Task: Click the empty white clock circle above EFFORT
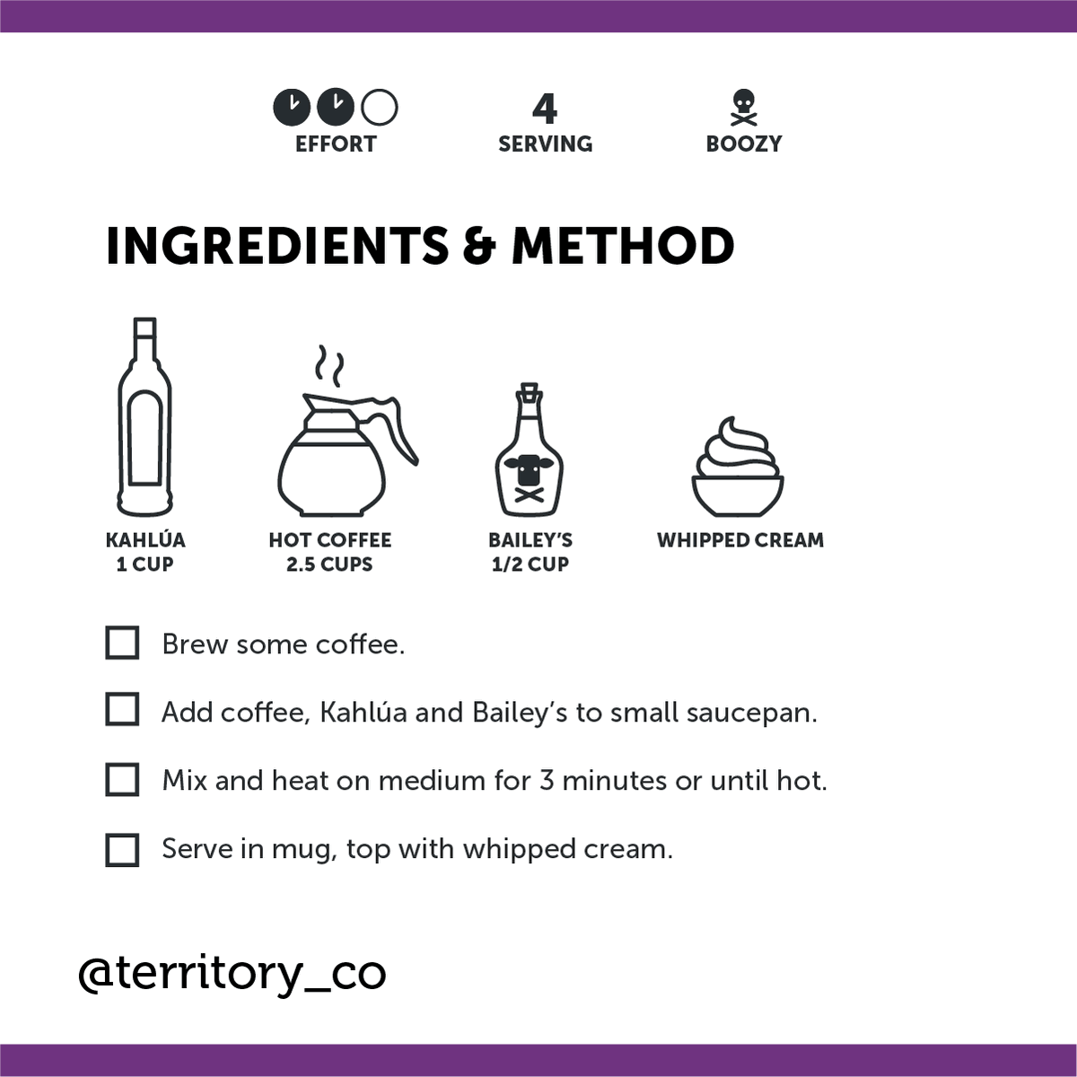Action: click(x=380, y=108)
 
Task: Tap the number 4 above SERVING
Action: click(x=545, y=109)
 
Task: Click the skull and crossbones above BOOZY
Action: click(x=743, y=109)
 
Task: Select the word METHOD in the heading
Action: click(x=623, y=246)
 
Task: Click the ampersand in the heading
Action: click(x=479, y=246)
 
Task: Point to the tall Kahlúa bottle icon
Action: click(x=144, y=417)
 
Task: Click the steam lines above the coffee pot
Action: click(x=328, y=366)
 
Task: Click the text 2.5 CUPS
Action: click(x=329, y=565)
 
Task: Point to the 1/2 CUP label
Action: click(x=530, y=565)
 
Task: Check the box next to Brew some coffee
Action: click(x=122, y=644)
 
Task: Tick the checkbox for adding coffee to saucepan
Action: click(x=122, y=710)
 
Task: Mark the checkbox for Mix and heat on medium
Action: click(x=122, y=780)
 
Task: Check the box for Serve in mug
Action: click(x=122, y=850)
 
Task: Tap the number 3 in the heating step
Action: click(x=546, y=781)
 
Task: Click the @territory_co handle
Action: click(x=232, y=974)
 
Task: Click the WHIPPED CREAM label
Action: click(x=740, y=540)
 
